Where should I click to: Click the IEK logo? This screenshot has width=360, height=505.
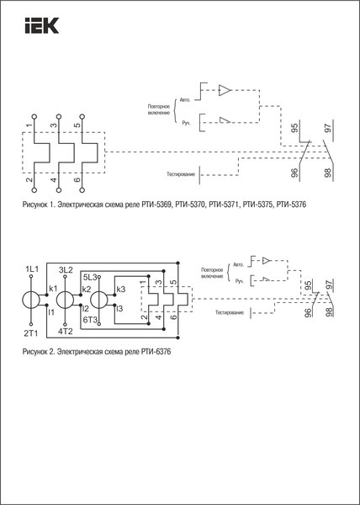pos(42,25)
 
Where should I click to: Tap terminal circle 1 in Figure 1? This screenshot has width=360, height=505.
pos(34,116)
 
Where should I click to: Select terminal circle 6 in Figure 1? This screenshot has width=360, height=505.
pos(82,190)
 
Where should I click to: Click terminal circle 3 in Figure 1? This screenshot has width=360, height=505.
pos(58,116)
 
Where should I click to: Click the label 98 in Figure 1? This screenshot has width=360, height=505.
pos(328,175)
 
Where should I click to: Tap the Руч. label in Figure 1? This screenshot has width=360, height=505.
pos(187,124)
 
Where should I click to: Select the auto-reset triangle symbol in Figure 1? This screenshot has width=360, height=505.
pos(225,90)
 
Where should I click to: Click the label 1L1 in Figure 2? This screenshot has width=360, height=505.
pos(32,269)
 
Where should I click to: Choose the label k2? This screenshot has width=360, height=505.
pos(87,289)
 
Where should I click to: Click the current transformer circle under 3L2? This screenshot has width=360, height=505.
pos(65,300)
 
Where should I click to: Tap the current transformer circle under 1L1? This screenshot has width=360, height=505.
pos(31,300)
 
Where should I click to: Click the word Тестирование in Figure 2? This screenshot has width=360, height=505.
pos(230,312)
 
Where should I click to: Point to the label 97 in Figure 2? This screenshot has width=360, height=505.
pos(329,284)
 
